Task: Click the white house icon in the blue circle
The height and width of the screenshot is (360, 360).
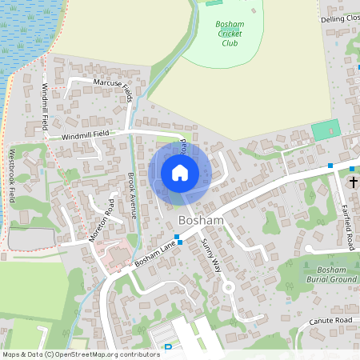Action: pos(180,173)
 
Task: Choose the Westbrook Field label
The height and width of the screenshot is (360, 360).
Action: pos(12,175)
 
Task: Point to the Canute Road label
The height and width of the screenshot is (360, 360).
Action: pos(330,321)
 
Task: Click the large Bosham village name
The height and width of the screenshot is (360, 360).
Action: pos(201,220)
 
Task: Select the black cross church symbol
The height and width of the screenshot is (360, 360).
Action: pos(353,182)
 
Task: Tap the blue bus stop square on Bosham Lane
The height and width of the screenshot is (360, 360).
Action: pos(179,241)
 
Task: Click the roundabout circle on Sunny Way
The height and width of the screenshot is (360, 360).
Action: pos(228,286)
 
